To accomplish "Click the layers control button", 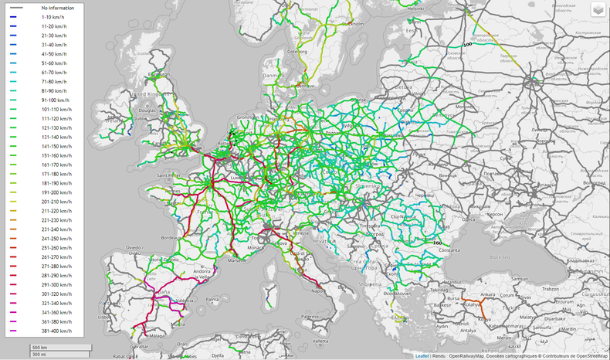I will coord(598,10).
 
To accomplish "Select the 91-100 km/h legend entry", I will coord(55,100).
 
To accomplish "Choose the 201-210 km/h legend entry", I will coord(56,202).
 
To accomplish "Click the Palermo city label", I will coord(310,316).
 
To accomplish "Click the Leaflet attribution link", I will coord(422,356).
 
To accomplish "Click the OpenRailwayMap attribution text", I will coord(466,356).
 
